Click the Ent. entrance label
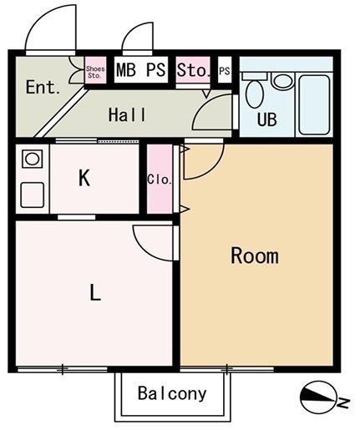(x=43, y=87)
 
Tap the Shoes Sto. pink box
(x=95, y=70)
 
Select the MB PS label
(x=141, y=70)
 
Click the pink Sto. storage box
(x=193, y=69)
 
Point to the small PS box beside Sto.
(x=225, y=70)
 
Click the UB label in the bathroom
(x=266, y=119)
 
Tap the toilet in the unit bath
(x=255, y=91)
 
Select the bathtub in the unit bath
(x=315, y=104)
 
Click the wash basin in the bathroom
(x=283, y=81)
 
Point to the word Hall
(x=127, y=114)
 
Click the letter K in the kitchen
(x=84, y=178)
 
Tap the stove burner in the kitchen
(x=33, y=159)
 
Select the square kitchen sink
(x=33, y=195)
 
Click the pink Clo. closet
(x=160, y=179)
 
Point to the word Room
(x=255, y=255)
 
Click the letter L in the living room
(x=95, y=292)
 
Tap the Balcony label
(x=172, y=394)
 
